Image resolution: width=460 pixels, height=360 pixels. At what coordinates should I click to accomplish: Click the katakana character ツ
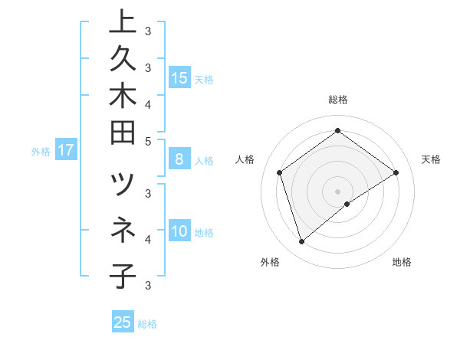[x=123, y=185]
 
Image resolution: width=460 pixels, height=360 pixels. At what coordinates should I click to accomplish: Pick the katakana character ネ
[x=123, y=229]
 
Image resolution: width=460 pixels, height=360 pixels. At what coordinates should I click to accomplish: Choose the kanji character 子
[x=123, y=275]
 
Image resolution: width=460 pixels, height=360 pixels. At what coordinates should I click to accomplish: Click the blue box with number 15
[x=179, y=77]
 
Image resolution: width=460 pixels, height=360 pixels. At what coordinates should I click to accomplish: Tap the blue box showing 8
[x=179, y=160]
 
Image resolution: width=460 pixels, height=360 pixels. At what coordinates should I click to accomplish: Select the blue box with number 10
[x=179, y=232]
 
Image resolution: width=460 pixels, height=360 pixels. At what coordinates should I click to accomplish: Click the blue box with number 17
[x=66, y=151]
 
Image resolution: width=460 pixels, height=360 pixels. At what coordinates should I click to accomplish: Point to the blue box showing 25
[x=123, y=322]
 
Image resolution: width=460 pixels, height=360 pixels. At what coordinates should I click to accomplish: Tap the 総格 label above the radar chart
[x=337, y=100]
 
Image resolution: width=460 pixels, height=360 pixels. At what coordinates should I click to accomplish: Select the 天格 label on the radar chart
[x=431, y=159]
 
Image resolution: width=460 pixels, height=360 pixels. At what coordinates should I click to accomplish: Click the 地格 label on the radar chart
[x=402, y=262]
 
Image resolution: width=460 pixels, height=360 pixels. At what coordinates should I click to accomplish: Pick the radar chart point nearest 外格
[x=301, y=242]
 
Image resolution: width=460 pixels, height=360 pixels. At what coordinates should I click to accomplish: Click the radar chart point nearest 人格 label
[x=280, y=173]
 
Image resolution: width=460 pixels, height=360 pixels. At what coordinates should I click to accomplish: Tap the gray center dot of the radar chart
[x=337, y=191]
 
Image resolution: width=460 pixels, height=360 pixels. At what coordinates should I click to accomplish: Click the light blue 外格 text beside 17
[x=41, y=152]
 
